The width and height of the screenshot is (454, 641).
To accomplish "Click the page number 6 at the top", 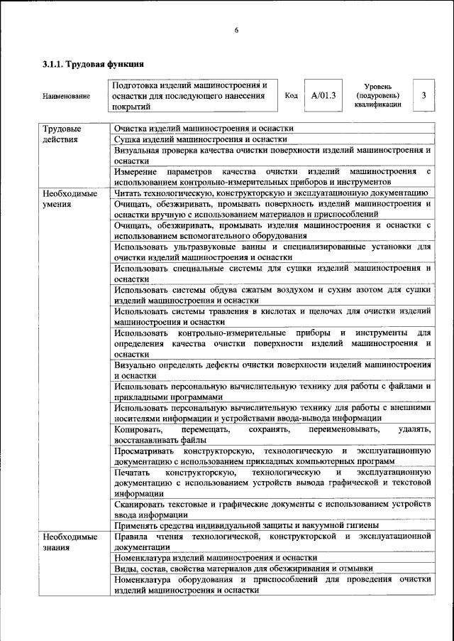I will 237,29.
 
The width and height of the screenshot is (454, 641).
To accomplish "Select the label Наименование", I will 66,96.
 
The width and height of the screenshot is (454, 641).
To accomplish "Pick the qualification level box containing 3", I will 423,95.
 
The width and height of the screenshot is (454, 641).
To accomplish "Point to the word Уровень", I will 377,85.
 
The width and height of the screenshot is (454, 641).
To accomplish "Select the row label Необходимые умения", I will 69,198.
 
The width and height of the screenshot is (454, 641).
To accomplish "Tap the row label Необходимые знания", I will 69,542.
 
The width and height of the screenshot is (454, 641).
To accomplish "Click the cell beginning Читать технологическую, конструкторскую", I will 270,193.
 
